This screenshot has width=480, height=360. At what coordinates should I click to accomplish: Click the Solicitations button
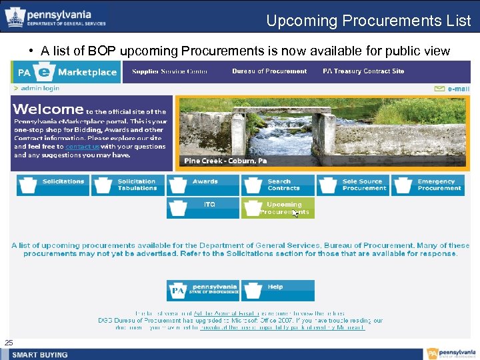[53, 185]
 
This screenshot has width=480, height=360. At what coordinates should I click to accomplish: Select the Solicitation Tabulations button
[128, 185]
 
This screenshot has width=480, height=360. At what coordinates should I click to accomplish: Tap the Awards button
[203, 185]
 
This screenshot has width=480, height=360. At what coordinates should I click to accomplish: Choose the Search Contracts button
[278, 185]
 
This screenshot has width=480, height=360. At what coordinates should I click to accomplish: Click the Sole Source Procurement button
[353, 185]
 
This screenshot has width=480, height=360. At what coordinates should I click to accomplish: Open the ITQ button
[203, 208]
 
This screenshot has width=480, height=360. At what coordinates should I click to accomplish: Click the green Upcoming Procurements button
[278, 208]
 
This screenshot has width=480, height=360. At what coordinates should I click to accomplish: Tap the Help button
[278, 290]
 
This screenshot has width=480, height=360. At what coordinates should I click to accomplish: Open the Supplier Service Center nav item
[169, 71]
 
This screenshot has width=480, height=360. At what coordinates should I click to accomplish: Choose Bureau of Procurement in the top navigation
[269, 71]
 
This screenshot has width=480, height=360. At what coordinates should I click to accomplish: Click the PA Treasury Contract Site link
[363, 71]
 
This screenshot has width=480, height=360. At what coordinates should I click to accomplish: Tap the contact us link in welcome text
[82, 146]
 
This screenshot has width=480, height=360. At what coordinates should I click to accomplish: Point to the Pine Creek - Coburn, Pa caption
[225, 161]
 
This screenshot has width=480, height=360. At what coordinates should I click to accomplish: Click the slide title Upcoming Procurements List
[368, 21]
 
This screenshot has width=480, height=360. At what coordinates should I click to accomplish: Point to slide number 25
[9, 343]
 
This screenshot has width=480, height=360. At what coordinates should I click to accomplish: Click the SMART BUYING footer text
[40, 354]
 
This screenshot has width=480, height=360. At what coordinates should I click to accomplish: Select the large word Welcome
[48, 109]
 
